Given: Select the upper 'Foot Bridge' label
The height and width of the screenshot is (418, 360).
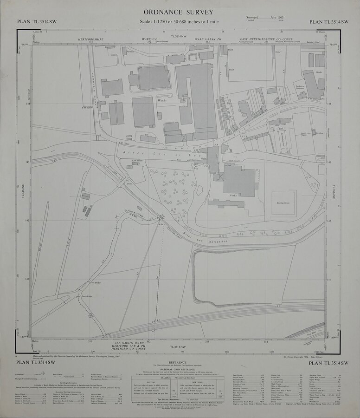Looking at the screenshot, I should [x=95, y=281].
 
